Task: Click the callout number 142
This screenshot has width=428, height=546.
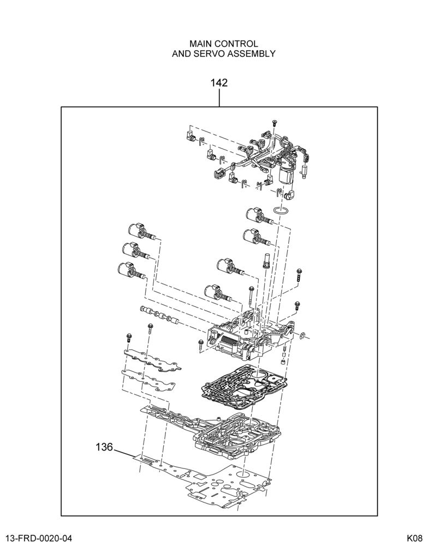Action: [x=219, y=83]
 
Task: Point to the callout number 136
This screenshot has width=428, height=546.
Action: [x=104, y=447]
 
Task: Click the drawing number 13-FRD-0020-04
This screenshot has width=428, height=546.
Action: [x=36, y=538]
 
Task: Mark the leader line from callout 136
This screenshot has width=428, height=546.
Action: [x=124, y=452]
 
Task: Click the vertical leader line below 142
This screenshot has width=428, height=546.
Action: [x=219, y=98]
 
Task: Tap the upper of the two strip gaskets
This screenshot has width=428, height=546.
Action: [x=153, y=361]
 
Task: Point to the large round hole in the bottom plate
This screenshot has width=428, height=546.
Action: [x=243, y=474]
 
